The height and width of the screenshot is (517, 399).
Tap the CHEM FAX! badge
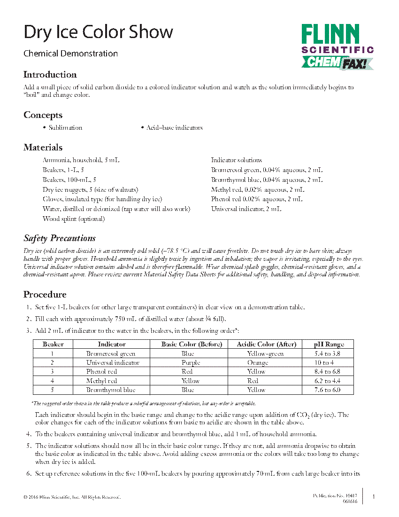click(x=337, y=62)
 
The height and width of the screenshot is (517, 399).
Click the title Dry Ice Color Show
click(x=98, y=32)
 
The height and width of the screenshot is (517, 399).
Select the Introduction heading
click(x=50, y=75)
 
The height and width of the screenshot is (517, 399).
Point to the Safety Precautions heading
click(x=60, y=238)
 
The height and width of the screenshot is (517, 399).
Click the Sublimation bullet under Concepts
click(x=65, y=128)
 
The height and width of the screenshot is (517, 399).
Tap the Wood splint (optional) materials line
click(x=74, y=219)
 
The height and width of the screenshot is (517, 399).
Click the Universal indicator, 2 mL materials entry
click(x=246, y=209)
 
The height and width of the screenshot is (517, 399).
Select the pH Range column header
click(x=329, y=345)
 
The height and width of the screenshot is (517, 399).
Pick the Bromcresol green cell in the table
click(x=111, y=354)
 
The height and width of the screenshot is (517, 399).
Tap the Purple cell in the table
click(x=191, y=363)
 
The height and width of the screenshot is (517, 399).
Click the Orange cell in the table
click(x=258, y=363)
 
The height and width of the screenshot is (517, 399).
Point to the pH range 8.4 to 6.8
click(x=328, y=372)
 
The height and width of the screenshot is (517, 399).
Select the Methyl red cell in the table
click(x=101, y=381)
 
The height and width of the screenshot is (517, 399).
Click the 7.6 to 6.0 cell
click(x=328, y=390)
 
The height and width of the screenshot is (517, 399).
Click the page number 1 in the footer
click(x=373, y=497)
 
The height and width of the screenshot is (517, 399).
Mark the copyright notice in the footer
click(x=72, y=497)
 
